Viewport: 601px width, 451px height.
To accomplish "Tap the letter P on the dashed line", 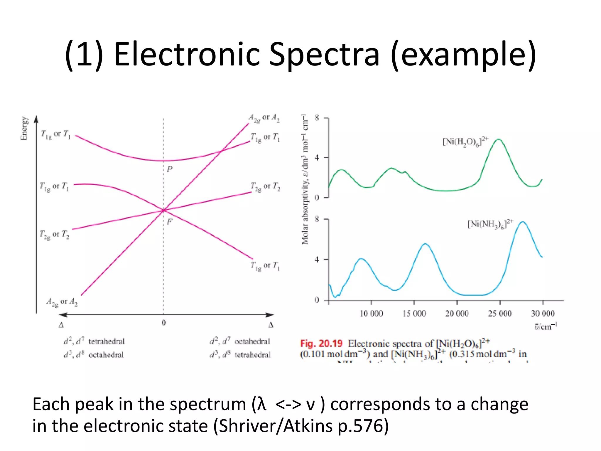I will point(169,169).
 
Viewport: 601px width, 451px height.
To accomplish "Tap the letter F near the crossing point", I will point(169,221).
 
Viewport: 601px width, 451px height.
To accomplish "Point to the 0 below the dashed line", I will point(164,323).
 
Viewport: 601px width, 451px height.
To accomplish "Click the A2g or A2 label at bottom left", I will point(62,302).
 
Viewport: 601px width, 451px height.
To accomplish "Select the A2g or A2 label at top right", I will point(264,118).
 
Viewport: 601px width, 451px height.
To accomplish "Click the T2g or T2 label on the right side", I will point(265,186).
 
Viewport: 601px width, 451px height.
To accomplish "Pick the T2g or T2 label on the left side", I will point(55,235).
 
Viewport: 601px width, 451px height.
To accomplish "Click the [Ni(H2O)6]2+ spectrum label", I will point(465,142).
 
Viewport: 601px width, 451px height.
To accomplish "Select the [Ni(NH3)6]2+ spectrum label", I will point(490,224).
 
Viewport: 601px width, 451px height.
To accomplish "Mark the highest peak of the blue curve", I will point(523,222).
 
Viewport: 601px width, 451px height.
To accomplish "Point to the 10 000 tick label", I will point(371,314).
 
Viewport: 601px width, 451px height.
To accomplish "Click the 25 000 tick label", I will point(500,314).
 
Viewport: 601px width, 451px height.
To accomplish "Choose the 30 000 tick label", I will point(543,314).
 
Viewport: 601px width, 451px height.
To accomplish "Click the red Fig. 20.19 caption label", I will point(321,343).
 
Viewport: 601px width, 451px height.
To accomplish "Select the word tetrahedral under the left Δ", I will point(107,341).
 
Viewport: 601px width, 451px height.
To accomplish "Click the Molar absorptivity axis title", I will point(305,179).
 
